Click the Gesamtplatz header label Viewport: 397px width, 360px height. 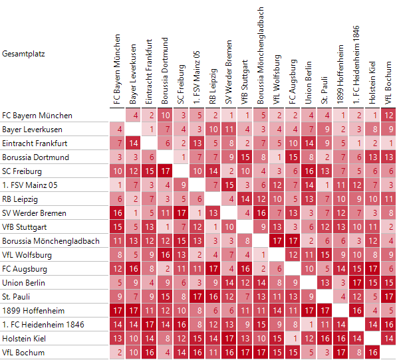tap(23, 54)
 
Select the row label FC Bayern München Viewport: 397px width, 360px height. tap(37, 116)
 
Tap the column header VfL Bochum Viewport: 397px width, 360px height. tap(388, 82)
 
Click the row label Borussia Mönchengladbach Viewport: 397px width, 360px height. tap(51, 241)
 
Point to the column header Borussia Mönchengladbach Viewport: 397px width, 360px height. tap(261, 55)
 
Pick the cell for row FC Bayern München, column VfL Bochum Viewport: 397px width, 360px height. tap(388, 116)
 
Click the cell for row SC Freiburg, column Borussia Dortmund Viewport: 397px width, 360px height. tap(166, 171)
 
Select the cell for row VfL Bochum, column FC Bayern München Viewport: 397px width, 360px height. tap(117, 353)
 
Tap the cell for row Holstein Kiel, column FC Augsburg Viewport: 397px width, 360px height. tap(293, 339)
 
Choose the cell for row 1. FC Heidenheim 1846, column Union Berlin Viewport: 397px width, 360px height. tap(309, 325)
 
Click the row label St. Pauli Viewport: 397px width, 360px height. tap(16, 296)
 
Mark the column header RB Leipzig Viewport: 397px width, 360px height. tap(213, 86)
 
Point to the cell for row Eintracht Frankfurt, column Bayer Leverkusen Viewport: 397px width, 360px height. tap(134, 143)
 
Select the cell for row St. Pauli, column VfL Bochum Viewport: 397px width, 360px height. tap(388, 296)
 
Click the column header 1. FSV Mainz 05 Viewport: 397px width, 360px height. tap(197, 77)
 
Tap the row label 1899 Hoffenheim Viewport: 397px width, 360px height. tap(33, 311)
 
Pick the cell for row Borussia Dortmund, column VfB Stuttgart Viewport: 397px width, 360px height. tap(245, 157)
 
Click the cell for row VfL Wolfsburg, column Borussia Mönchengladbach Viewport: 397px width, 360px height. tap(261, 255)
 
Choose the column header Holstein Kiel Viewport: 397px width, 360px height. tap(372, 82)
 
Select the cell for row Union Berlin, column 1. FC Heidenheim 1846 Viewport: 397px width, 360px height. tap(356, 283)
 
